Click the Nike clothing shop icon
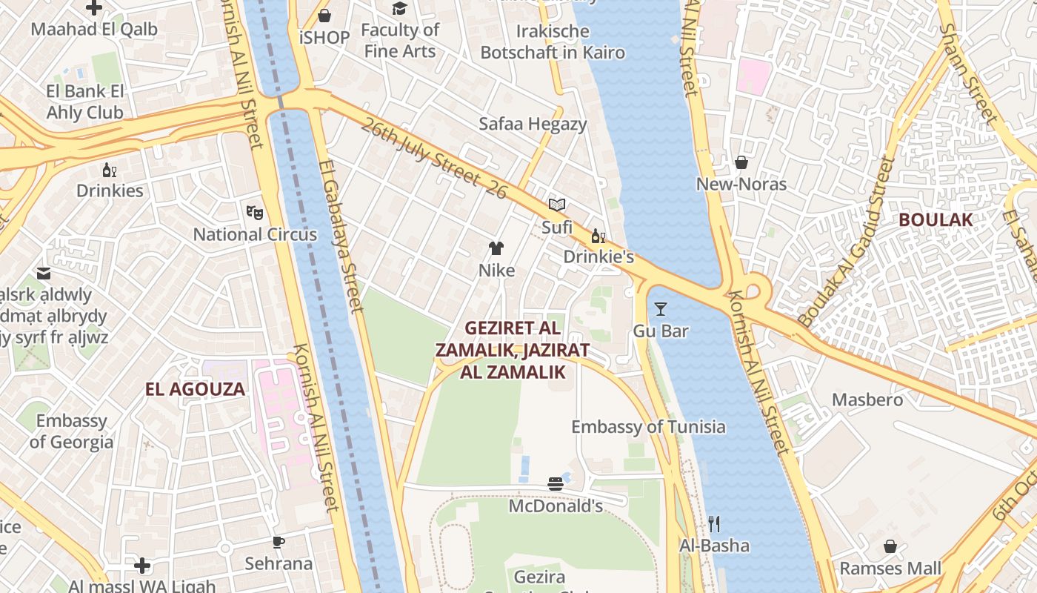click(x=496, y=248)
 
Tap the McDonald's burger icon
click(x=556, y=484)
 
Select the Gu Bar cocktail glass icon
click(x=661, y=309)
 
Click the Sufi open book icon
click(x=557, y=205)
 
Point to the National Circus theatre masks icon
click(x=255, y=213)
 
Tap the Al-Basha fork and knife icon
click(x=714, y=524)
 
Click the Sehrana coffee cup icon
click(x=279, y=542)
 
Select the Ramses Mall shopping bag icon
click(x=890, y=547)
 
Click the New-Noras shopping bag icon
click(x=741, y=162)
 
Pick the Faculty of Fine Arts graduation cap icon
click(x=400, y=8)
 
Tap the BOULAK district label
click(x=936, y=220)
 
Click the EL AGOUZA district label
click(x=195, y=390)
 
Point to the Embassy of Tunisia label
click(x=648, y=427)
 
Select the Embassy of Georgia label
click(x=72, y=431)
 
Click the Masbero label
click(x=867, y=400)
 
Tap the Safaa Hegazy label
click(x=533, y=125)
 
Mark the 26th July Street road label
click(x=434, y=158)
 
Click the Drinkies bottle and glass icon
click(x=110, y=170)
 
